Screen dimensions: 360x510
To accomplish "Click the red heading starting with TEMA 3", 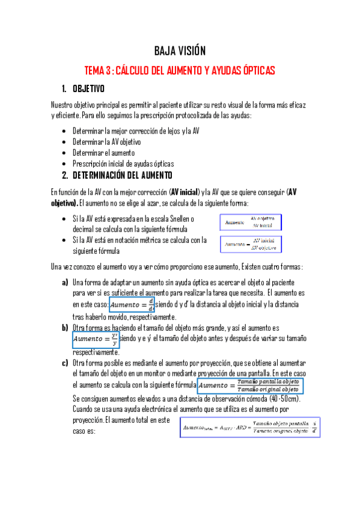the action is (x=180, y=71).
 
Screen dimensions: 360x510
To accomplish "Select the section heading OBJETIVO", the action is (x=88, y=88).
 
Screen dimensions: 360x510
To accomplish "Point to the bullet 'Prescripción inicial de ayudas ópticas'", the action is (x=123, y=164).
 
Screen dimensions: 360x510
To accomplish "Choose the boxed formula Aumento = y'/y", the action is (x=96, y=340).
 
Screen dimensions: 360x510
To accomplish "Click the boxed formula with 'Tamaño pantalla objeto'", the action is (x=251, y=386).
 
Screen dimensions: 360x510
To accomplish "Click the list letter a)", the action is (x=64, y=282).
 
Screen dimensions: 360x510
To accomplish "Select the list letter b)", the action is (x=64, y=328).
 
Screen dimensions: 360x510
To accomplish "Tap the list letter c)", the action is (x=64, y=363).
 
